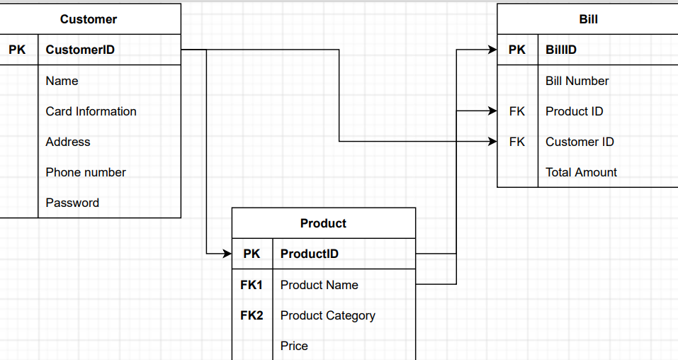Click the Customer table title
click(89, 19)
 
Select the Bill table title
click(588, 19)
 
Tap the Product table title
click(323, 223)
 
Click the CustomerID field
click(80, 50)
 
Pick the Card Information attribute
click(91, 111)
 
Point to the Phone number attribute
click(86, 172)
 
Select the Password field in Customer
click(72, 203)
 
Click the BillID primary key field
click(561, 50)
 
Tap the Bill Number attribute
click(577, 81)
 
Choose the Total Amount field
click(581, 172)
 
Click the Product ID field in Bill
click(574, 111)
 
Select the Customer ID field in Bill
click(580, 142)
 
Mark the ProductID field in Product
click(310, 254)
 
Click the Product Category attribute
click(327, 315)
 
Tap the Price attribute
click(294, 346)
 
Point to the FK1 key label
click(252, 285)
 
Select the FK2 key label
click(252, 315)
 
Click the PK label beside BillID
click(517, 50)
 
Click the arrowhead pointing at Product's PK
click(227, 253)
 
